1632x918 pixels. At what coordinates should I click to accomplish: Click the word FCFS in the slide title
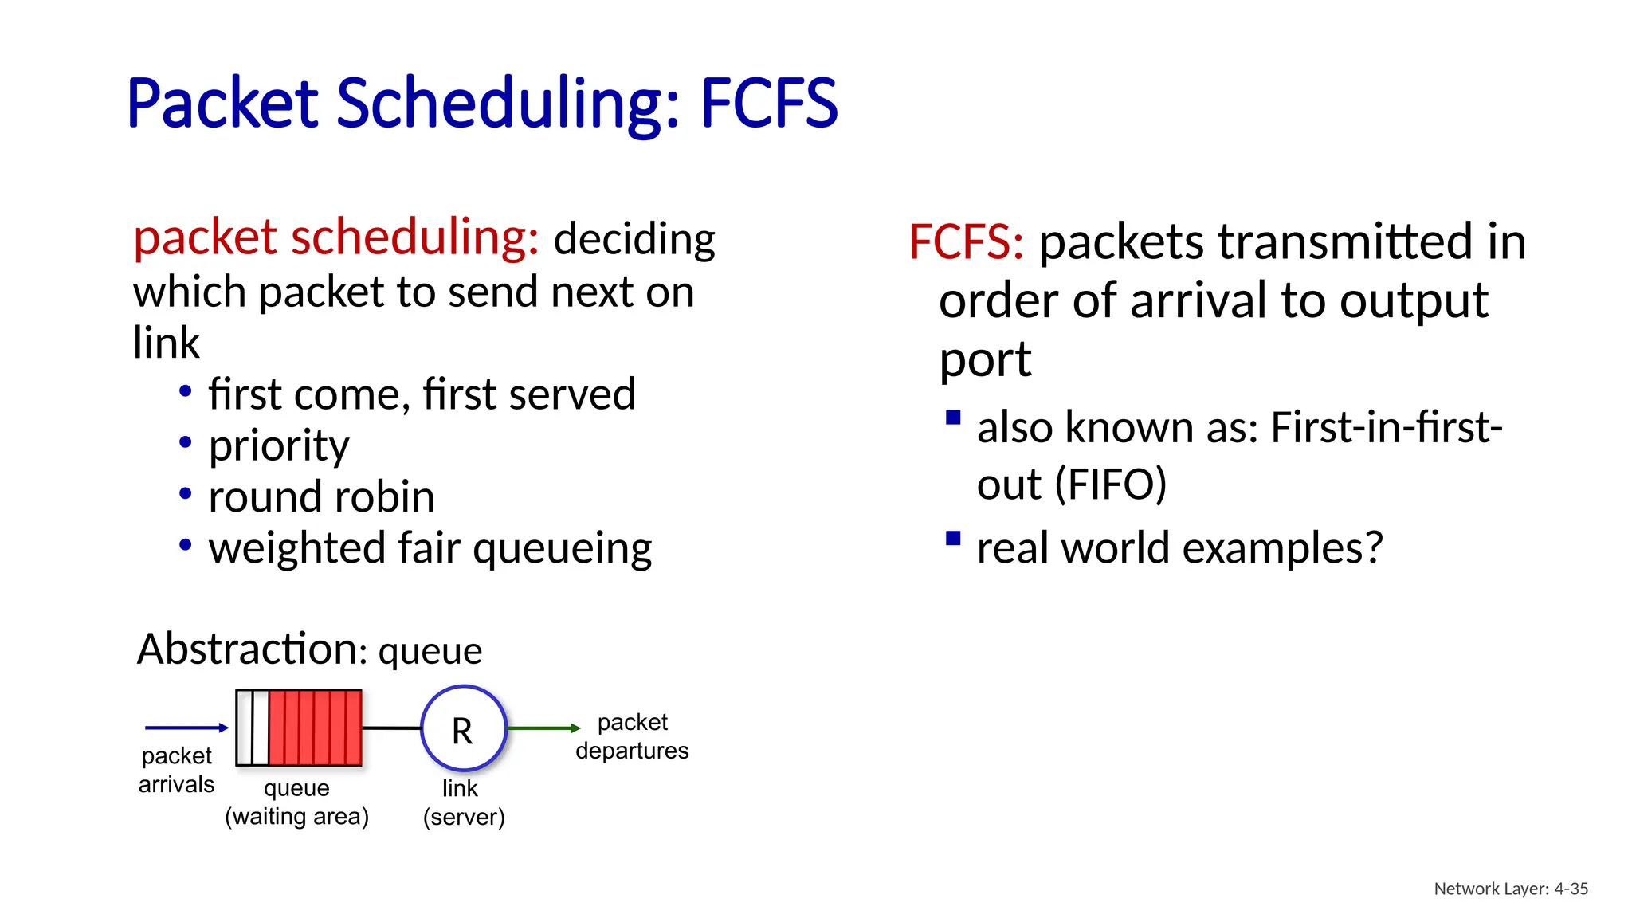[768, 104]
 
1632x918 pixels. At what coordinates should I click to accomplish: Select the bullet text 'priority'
[279, 445]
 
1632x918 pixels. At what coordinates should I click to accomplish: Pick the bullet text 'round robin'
[321, 496]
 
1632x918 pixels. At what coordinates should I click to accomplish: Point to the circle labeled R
[463, 728]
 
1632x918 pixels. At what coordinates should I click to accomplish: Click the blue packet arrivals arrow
[186, 727]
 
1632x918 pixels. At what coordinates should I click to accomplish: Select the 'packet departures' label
[632, 736]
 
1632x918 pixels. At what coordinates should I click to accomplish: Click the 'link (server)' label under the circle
[463, 802]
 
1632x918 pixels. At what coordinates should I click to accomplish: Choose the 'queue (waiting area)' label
[296, 802]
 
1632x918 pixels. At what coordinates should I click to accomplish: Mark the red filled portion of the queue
[315, 728]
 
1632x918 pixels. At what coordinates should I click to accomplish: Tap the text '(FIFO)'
[1111, 484]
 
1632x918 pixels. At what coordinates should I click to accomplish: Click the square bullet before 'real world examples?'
[953, 539]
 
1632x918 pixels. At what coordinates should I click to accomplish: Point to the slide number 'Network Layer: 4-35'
[1510, 889]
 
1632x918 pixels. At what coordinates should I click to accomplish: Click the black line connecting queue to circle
[391, 728]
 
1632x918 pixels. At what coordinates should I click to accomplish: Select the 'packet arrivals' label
[176, 770]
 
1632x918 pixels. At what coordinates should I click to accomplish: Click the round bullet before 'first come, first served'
[186, 391]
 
